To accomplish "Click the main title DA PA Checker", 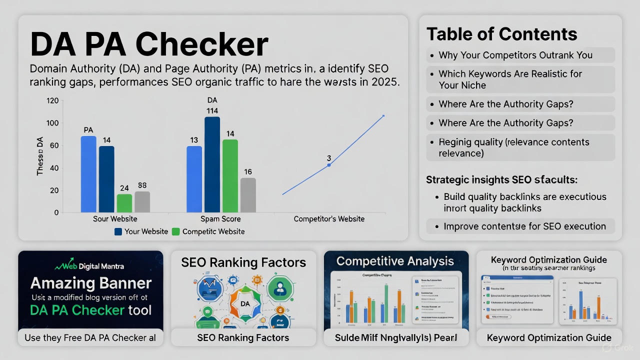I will [x=149, y=44].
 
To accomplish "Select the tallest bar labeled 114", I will [x=212, y=164].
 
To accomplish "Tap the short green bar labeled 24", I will [x=124, y=203].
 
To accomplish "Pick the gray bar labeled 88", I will [x=142, y=201].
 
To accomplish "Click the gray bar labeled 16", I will [x=248, y=195].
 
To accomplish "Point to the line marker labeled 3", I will [x=328, y=165].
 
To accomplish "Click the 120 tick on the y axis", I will [x=52, y=101].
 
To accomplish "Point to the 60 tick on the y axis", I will [x=53, y=145].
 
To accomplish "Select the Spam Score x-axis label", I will [x=220, y=219].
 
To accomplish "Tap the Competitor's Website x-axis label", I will [x=329, y=219].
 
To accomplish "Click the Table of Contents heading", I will [x=501, y=34].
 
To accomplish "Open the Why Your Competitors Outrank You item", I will [x=515, y=55].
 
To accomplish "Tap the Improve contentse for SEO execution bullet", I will [x=524, y=226].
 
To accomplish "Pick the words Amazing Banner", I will [x=90, y=283].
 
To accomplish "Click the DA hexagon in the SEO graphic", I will [x=245, y=303].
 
